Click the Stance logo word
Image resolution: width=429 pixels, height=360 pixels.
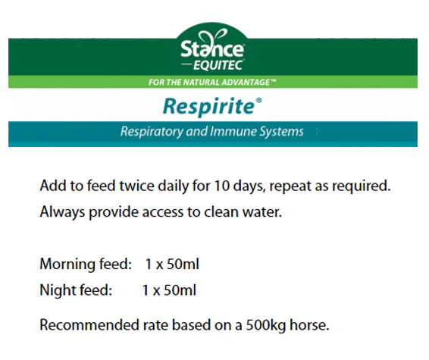pyautogui.click(x=212, y=49)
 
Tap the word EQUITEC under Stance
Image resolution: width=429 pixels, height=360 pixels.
pyautogui.click(x=218, y=65)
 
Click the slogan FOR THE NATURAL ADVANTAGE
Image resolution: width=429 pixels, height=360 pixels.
pyautogui.click(x=212, y=82)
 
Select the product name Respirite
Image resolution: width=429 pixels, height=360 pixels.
pyautogui.click(x=209, y=107)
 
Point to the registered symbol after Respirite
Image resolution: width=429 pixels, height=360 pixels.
pyautogui.click(x=258, y=101)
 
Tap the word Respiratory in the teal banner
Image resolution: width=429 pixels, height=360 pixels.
pyautogui.click(x=152, y=132)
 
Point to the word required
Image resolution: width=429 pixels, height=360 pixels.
pyautogui.click(x=361, y=186)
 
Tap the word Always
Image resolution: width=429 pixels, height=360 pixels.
pyautogui.click(x=62, y=212)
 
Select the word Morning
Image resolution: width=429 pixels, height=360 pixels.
pyautogui.click(x=67, y=265)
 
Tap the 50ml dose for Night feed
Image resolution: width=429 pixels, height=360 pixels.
pyautogui.click(x=180, y=290)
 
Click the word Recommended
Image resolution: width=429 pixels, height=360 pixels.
pyautogui.click(x=89, y=325)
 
